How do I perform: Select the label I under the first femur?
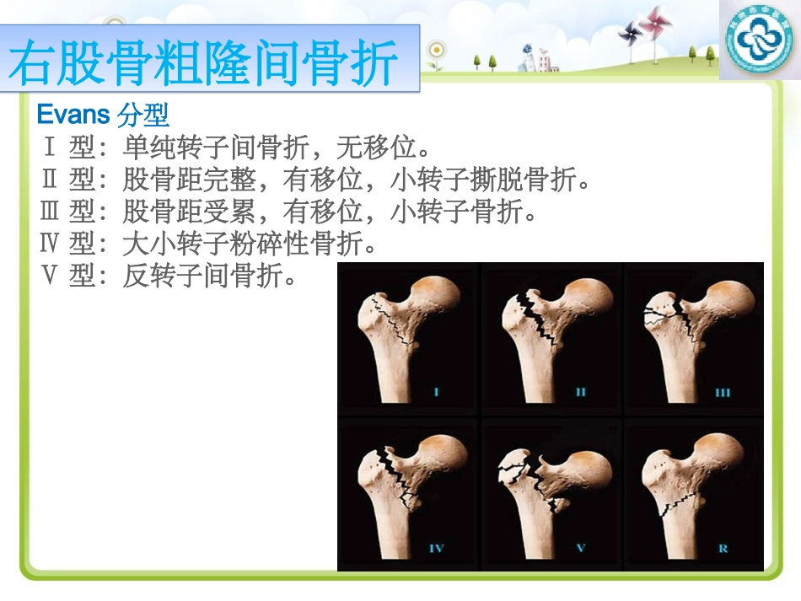[436, 391]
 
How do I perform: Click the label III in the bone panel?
[722, 391]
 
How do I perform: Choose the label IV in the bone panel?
[436, 548]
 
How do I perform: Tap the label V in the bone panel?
[580, 548]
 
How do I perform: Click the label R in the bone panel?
[723, 548]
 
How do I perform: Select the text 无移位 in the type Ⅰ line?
[375, 148]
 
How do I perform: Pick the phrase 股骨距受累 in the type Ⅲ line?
[189, 212]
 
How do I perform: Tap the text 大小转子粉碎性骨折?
[249, 244]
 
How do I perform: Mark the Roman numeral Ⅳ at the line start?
[50, 244]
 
